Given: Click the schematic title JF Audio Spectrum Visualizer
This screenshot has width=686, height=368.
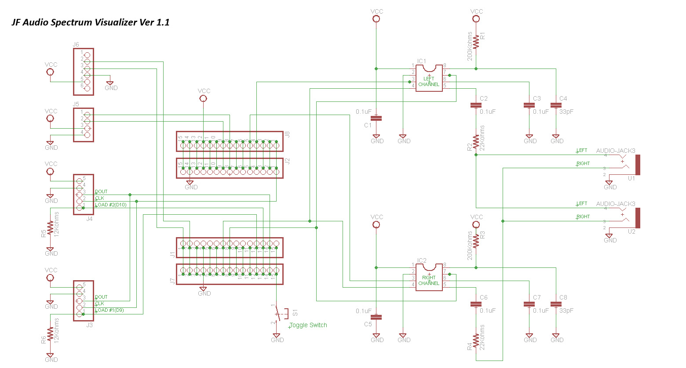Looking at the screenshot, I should click(x=91, y=22).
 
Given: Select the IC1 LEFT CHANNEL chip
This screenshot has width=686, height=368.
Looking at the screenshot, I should click(x=429, y=79).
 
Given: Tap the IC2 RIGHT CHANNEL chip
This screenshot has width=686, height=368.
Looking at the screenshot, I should click(x=429, y=278).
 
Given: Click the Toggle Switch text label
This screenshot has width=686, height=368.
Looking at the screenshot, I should click(x=308, y=325).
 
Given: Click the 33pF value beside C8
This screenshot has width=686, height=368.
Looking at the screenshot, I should click(x=566, y=311).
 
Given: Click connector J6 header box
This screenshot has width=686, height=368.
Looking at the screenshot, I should click(x=84, y=72).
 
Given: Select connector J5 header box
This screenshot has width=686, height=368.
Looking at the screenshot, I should click(x=84, y=125).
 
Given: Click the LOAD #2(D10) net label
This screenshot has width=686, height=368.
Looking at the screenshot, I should click(x=111, y=205).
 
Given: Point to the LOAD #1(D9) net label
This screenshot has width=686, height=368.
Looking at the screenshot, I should click(x=109, y=310).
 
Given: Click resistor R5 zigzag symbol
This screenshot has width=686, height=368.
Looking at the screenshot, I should click(x=51, y=228).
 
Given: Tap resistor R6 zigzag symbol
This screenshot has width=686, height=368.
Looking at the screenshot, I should click(x=51, y=335).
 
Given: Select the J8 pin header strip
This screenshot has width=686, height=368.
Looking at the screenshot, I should click(x=230, y=141).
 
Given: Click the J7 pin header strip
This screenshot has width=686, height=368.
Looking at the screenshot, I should click(x=230, y=274).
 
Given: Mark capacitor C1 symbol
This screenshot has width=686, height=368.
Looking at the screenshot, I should click(x=376, y=118).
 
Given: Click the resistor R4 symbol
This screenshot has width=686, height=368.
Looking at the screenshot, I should click(x=476, y=341).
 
